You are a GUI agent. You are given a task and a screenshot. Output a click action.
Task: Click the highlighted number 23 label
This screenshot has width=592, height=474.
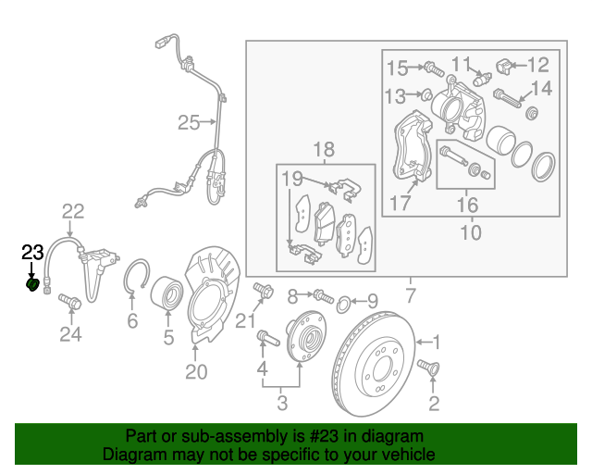click(x=32, y=252)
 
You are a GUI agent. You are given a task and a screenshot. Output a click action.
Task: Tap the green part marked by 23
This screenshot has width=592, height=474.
click(x=33, y=285)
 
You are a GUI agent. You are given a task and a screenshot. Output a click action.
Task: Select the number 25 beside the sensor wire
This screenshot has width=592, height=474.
click(x=189, y=122)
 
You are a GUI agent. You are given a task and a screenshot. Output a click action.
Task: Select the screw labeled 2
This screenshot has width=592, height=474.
click(x=428, y=368)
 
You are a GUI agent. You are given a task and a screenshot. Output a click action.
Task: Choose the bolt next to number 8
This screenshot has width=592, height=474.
click(x=321, y=297)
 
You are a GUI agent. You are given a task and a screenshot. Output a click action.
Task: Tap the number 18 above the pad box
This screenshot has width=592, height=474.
click(x=323, y=150)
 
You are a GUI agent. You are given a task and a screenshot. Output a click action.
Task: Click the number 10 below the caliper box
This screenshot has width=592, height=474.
click(x=471, y=231)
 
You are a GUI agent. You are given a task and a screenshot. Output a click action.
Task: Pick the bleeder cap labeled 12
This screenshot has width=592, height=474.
click(x=505, y=66)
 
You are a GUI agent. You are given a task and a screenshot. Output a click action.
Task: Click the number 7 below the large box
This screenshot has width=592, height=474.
click(x=411, y=296)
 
